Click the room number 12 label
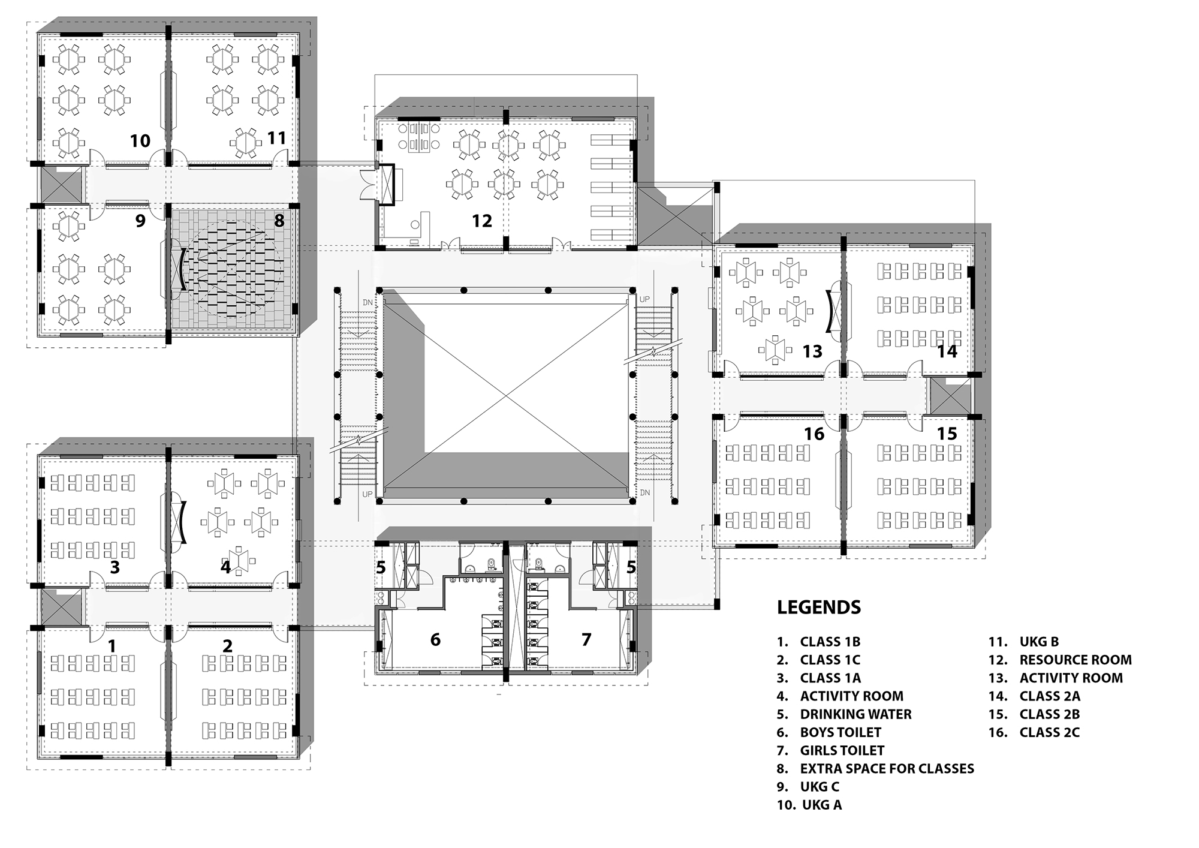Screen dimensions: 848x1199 coord(481,221)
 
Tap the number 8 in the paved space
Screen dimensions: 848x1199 coord(279,221)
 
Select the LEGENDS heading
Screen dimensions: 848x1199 coord(819,608)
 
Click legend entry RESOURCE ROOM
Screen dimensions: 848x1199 coord(1075,660)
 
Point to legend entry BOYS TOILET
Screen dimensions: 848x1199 coord(840,732)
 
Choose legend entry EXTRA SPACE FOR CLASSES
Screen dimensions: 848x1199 coord(886,768)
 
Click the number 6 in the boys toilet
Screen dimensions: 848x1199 coord(435,640)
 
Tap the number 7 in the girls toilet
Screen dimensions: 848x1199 coord(586,640)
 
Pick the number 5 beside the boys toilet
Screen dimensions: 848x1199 coord(381,567)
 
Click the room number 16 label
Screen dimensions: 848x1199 coord(814,434)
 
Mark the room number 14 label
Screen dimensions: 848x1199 coord(947,351)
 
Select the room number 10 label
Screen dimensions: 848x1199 coord(140,141)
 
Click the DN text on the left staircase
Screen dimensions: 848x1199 coord(367,303)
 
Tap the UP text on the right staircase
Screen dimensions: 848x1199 coord(645,299)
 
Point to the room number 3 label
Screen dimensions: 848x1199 coord(115,567)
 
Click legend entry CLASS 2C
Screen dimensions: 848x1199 coord(1049,732)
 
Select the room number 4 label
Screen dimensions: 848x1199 coord(225,567)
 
